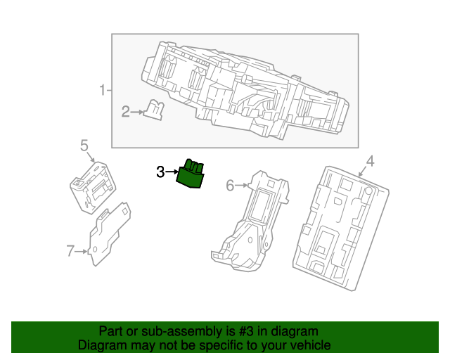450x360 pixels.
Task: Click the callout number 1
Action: (103, 90)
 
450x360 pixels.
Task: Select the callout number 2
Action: (125, 112)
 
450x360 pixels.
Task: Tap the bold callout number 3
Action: (160, 172)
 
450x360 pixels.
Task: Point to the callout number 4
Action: (371, 161)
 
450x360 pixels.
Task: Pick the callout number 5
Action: (84, 146)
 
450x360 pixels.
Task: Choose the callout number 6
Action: (230, 186)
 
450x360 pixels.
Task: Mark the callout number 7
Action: (70, 251)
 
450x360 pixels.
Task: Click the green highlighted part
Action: (190, 174)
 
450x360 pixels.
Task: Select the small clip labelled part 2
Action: (153, 110)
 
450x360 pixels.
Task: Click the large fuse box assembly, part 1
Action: (245, 91)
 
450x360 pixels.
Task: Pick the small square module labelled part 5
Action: (93, 188)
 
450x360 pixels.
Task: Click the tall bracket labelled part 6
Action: (250, 221)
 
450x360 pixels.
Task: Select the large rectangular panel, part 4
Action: (341, 229)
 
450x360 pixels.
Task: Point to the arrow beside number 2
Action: (136, 112)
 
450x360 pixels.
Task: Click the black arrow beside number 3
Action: (172, 172)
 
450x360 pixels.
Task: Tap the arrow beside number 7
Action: (82, 252)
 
